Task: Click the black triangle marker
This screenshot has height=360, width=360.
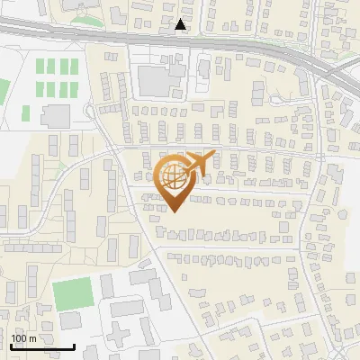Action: (x=181, y=25)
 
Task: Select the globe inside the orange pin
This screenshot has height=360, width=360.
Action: (x=173, y=175)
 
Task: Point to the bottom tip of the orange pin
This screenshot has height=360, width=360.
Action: (x=174, y=211)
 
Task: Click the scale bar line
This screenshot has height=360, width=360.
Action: (x=42, y=346)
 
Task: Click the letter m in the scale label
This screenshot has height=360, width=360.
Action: (x=32, y=338)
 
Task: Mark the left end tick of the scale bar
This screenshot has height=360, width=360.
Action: (x=11, y=346)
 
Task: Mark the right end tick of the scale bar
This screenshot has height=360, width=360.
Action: (x=74, y=346)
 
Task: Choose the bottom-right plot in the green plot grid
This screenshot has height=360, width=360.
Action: (x=74, y=89)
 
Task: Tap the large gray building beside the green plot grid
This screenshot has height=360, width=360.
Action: (x=55, y=115)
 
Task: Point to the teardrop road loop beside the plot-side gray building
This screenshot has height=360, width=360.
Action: (x=89, y=112)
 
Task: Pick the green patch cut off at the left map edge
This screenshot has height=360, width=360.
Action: (x=4, y=90)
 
